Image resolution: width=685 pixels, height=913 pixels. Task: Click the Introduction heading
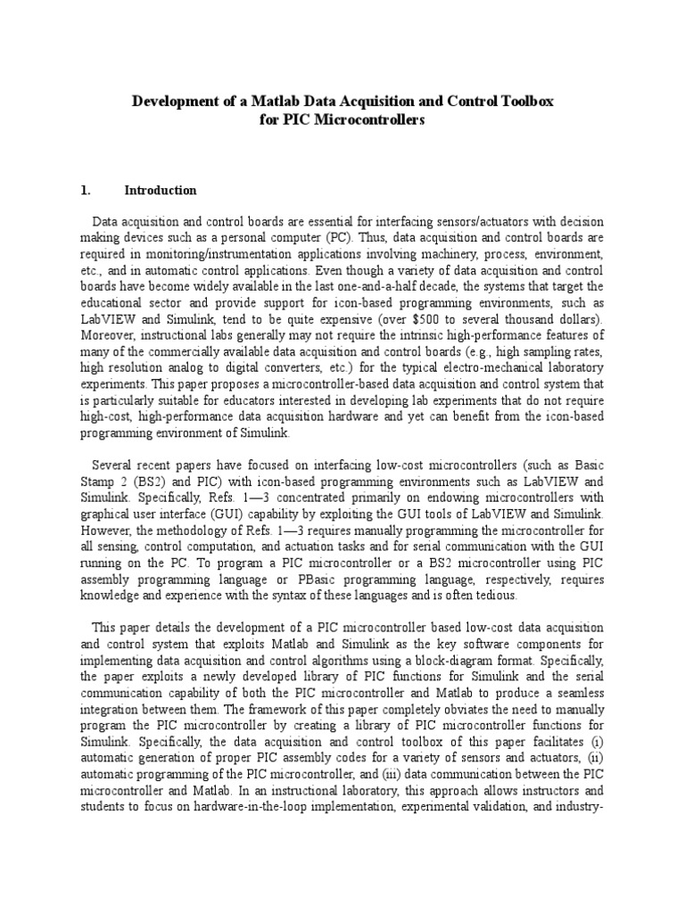161,191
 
